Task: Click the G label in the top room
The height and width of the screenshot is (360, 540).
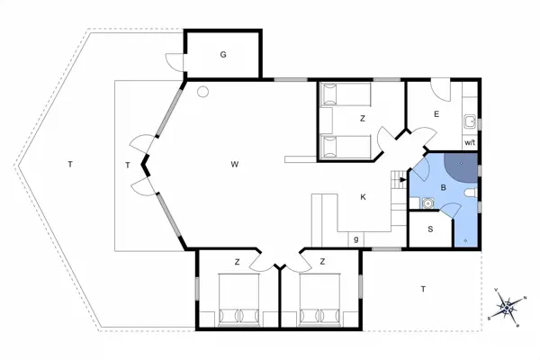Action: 222,55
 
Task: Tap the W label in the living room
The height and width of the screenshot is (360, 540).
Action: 234,164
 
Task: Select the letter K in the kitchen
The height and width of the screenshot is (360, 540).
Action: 363,197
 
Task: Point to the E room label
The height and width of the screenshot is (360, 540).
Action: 436,114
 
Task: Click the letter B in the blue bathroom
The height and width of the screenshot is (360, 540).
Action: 443,188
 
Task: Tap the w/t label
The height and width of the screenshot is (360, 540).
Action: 469,143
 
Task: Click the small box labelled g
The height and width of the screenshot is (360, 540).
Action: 357,238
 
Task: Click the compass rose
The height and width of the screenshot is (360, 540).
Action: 508,307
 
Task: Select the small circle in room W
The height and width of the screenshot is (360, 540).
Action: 204,91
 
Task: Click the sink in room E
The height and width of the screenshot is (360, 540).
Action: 470,121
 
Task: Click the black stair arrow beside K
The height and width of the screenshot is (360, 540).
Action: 401,179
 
